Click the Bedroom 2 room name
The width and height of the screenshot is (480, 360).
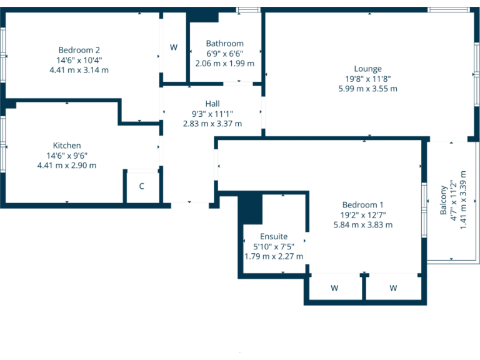pyautogui.click(x=79, y=50)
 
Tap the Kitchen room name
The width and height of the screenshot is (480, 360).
pyautogui.click(x=67, y=146)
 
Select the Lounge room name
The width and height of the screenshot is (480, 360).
pyautogui.click(x=367, y=69)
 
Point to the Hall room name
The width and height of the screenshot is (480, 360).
pyautogui.click(x=212, y=104)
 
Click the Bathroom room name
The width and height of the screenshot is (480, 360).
pyautogui.click(x=224, y=44)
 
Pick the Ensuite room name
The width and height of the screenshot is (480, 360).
pyautogui.click(x=274, y=236)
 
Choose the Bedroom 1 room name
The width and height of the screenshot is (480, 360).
pyautogui.click(x=362, y=205)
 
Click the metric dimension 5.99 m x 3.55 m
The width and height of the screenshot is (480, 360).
pyautogui.click(x=367, y=89)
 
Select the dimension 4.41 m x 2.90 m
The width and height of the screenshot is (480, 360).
pyautogui.click(x=67, y=166)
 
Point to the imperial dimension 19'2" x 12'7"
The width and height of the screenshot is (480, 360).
pyautogui.click(x=362, y=215)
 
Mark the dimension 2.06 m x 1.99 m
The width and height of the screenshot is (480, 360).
pyautogui.click(x=224, y=64)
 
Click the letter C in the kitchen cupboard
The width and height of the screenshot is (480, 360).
pyautogui.click(x=142, y=186)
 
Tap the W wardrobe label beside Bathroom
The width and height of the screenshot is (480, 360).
pyautogui.click(x=174, y=47)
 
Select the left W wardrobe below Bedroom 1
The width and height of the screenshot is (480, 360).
pyautogui.click(x=334, y=288)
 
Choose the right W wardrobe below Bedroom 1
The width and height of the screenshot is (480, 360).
pyautogui.click(x=393, y=288)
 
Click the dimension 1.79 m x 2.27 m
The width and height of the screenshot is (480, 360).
pyautogui.click(x=274, y=256)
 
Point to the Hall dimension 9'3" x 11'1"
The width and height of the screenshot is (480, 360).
pyautogui.click(x=212, y=114)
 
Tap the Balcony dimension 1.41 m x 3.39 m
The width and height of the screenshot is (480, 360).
pyautogui.click(x=463, y=200)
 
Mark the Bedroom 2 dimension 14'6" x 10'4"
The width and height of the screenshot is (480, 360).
pyautogui.click(x=79, y=60)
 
